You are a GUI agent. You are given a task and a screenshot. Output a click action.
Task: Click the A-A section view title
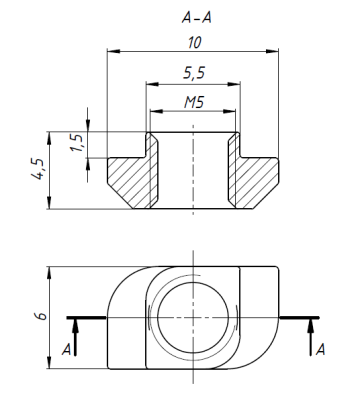point(197,17)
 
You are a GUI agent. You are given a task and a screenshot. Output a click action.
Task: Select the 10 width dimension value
point(195,43)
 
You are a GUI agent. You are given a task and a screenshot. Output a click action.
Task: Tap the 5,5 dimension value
point(194,73)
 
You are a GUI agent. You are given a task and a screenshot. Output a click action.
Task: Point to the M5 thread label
point(194,102)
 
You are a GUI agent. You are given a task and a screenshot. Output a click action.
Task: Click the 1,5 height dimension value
point(77,143)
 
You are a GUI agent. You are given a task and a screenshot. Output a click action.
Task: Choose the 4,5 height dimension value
point(38,170)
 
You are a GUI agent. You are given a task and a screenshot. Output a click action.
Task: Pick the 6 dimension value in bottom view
point(42,316)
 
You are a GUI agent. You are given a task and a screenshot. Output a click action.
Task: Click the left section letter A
point(67,349)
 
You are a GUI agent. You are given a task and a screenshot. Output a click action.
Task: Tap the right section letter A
point(320,349)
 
